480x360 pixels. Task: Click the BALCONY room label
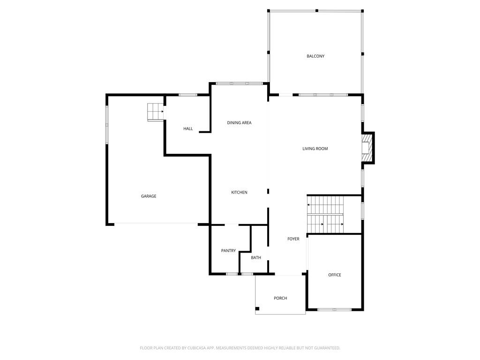click(315, 56)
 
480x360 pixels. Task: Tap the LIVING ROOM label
click(315, 149)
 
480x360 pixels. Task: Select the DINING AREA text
click(239, 123)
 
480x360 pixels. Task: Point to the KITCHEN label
click(239, 193)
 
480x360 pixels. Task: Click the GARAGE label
click(149, 196)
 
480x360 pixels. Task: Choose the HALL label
click(188, 129)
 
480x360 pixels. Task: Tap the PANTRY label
click(228, 251)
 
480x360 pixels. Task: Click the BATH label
click(256, 257)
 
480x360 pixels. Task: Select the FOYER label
click(293, 239)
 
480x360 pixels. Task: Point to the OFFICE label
click(335, 275)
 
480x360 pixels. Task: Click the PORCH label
click(280, 298)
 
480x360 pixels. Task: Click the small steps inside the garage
click(155, 112)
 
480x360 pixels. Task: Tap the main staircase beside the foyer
click(325, 214)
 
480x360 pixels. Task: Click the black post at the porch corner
click(257, 308)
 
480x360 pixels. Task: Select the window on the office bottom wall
click(334, 309)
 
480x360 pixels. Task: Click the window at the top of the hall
click(188, 95)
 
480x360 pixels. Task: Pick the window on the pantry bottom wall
click(232, 274)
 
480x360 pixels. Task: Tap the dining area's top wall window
click(239, 84)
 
